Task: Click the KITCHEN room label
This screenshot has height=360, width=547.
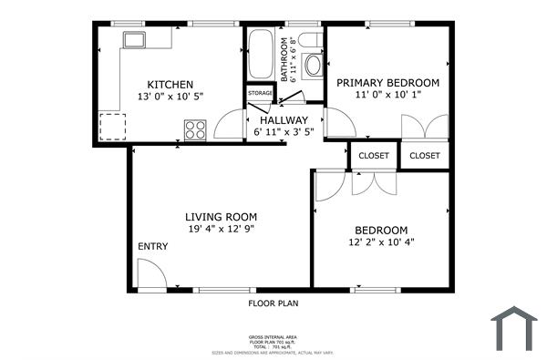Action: (170, 85)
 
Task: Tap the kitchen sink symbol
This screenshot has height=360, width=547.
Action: (137, 39)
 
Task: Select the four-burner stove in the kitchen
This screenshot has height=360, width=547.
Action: (195, 129)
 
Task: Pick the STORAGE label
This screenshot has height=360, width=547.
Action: (261, 93)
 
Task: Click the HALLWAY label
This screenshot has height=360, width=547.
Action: (284, 120)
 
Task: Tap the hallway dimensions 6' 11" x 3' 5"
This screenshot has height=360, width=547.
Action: (284, 134)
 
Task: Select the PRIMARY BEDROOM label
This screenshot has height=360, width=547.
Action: (387, 83)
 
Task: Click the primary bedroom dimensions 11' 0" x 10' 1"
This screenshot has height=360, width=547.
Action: (387, 97)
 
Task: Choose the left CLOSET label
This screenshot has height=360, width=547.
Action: (374, 156)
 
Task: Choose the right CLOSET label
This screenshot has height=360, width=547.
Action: (425, 156)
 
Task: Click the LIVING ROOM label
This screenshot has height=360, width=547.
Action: (221, 217)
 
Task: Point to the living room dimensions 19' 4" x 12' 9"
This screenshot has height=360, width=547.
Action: (221, 230)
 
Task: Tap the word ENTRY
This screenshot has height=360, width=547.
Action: (153, 247)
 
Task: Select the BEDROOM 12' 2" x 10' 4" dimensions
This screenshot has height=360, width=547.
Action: (381, 242)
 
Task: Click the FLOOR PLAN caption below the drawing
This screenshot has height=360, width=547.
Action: (273, 303)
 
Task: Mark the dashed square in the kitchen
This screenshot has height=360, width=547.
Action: (113, 126)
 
